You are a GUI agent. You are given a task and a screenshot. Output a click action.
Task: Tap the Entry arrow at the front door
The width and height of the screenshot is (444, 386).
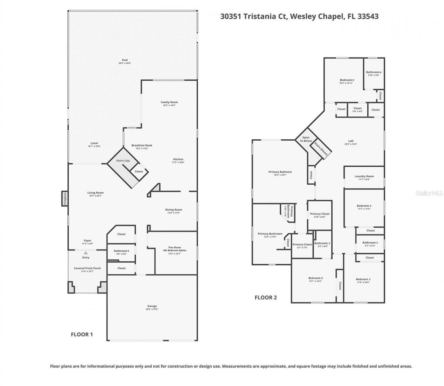(x=86, y=253)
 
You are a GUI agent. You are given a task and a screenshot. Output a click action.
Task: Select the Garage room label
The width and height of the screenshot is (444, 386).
(x=152, y=306)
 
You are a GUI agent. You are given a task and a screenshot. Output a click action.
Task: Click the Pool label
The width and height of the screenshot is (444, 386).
(x=125, y=60)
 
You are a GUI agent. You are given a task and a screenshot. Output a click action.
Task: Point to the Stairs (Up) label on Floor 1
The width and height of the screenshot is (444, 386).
(x=123, y=160)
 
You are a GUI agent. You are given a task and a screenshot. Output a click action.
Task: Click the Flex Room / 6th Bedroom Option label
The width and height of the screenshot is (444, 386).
(x=172, y=249)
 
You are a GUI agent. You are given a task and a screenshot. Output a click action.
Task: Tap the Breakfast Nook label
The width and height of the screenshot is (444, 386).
(x=142, y=146)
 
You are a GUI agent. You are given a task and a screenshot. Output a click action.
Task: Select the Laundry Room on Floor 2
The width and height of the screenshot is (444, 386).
(x=364, y=177)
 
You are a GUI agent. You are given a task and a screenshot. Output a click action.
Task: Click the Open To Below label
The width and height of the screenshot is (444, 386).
(x=306, y=139)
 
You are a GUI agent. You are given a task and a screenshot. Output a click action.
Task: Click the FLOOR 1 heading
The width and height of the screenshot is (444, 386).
(x=82, y=334)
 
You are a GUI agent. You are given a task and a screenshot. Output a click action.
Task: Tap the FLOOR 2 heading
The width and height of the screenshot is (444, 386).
(x=266, y=297)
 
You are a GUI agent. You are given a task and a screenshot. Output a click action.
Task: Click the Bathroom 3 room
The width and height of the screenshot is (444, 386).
(x=370, y=243)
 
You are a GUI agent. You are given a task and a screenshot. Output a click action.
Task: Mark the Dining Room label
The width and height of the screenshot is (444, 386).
(x=173, y=210)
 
